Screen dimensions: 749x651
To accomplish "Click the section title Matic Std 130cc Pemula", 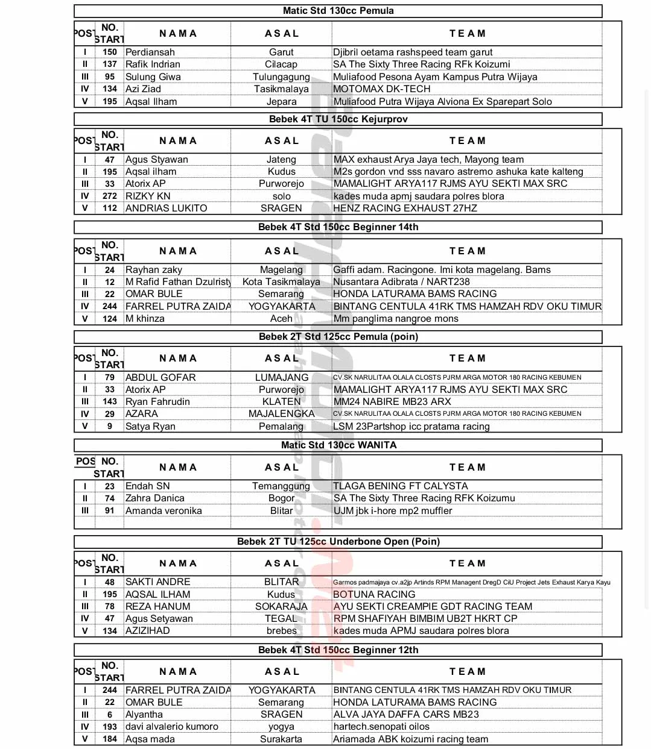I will coord(338,11).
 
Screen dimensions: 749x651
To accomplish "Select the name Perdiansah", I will coord(150,52).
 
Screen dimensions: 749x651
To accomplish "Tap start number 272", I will coord(109,196).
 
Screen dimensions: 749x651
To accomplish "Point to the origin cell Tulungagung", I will coord(281,77).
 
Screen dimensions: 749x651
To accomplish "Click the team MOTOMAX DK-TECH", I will coord(382,89).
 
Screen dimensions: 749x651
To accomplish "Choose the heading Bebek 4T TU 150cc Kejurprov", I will coord(338,119).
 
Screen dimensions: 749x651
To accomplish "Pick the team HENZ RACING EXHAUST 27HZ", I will coord(405,208).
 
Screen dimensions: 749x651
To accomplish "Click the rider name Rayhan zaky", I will coord(153,270).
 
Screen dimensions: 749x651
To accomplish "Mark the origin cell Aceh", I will coord(281,319).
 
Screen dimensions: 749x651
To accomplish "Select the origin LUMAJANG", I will coord(281,378).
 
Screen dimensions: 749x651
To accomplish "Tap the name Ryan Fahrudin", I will coord(157,402).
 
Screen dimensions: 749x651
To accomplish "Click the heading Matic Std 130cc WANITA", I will coord(338,445).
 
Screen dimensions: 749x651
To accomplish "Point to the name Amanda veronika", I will coord(164,511).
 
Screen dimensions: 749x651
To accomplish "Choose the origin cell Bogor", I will coord(281,498).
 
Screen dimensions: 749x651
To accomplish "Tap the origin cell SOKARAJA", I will coord(281,607).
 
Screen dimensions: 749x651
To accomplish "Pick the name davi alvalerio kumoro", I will coord(171,727).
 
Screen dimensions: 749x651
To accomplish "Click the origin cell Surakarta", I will coord(281,739).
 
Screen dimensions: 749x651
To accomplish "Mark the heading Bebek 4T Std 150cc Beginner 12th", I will coord(338,650).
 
